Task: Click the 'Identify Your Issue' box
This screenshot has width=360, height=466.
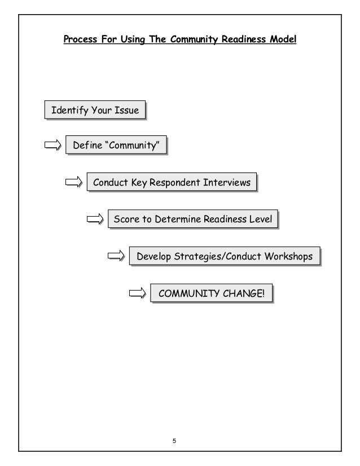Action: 95,110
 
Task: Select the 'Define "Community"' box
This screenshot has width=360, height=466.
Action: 117,146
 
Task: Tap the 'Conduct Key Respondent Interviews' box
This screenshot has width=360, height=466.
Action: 172,183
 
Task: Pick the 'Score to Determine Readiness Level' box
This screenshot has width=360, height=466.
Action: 193,219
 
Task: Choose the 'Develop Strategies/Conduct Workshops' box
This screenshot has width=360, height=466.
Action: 224,257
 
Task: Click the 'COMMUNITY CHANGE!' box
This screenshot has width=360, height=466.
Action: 211,293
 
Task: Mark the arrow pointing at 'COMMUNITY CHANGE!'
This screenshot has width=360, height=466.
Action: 138,293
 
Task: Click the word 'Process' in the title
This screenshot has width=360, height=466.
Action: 80,40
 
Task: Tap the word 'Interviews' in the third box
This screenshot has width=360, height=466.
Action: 228,183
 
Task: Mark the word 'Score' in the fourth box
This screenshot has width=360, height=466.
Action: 126,219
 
